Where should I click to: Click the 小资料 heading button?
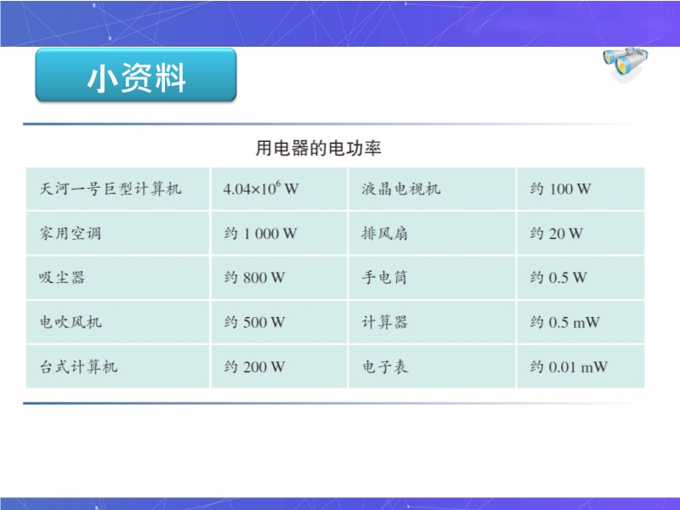[x=136, y=75]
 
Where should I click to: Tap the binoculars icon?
[x=626, y=63]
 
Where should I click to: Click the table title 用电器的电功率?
[x=318, y=148]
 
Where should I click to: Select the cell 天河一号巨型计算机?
[x=110, y=189]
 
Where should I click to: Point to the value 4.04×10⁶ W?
[x=261, y=188]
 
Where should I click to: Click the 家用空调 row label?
[x=71, y=233]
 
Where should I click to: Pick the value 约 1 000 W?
[x=261, y=233]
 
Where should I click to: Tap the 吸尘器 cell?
[x=62, y=278]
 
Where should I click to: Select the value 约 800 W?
[x=254, y=278]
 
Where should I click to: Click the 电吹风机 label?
[x=71, y=322]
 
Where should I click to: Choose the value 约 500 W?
[x=254, y=322]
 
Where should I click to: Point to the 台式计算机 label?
[x=78, y=367]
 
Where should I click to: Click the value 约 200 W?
[x=254, y=367]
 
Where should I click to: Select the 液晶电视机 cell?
[x=401, y=189]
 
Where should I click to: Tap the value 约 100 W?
[x=560, y=189]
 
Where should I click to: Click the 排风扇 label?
[x=385, y=233]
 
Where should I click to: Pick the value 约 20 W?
[x=556, y=233]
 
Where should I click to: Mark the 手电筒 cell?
[x=385, y=278]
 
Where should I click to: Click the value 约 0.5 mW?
[x=564, y=322]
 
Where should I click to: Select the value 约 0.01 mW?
[x=569, y=367]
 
